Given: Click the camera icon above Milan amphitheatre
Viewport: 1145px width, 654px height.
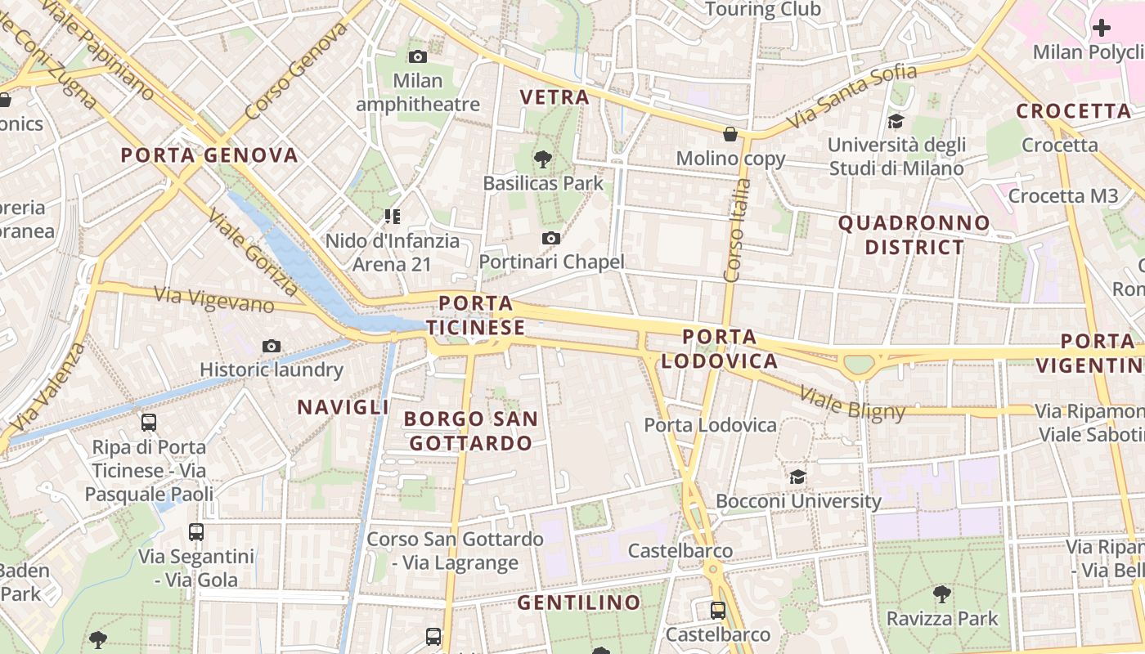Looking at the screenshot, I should click(418, 56).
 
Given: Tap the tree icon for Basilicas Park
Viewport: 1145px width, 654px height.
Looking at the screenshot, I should click(541, 159).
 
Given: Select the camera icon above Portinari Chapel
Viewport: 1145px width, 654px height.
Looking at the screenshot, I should click(551, 238).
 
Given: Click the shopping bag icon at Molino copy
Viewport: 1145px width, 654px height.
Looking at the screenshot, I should click(730, 134).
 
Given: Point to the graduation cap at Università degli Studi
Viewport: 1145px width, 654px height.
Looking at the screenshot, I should click(896, 122).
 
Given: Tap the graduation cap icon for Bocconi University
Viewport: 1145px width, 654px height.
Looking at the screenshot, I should click(797, 477).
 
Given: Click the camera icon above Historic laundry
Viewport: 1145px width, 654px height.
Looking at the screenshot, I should click(272, 346).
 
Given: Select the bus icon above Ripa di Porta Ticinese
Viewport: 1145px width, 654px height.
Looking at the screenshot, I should click(149, 423).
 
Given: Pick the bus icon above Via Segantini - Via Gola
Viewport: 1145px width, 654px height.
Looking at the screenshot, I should click(196, 532).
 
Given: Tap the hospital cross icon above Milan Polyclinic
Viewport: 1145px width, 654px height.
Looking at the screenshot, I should click(1102, 28).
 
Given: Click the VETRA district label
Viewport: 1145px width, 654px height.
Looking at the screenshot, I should click(555, 97).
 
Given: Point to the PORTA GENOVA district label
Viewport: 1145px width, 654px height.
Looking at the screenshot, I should click(209, 155).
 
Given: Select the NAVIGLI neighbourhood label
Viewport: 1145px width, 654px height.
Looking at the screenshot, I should click(343, 406).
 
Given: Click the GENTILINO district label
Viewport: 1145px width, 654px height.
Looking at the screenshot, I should click(579, 603).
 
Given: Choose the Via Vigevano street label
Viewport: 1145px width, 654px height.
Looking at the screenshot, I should click(214, 299).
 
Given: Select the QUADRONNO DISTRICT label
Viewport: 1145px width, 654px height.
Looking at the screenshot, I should click(914, 235).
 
